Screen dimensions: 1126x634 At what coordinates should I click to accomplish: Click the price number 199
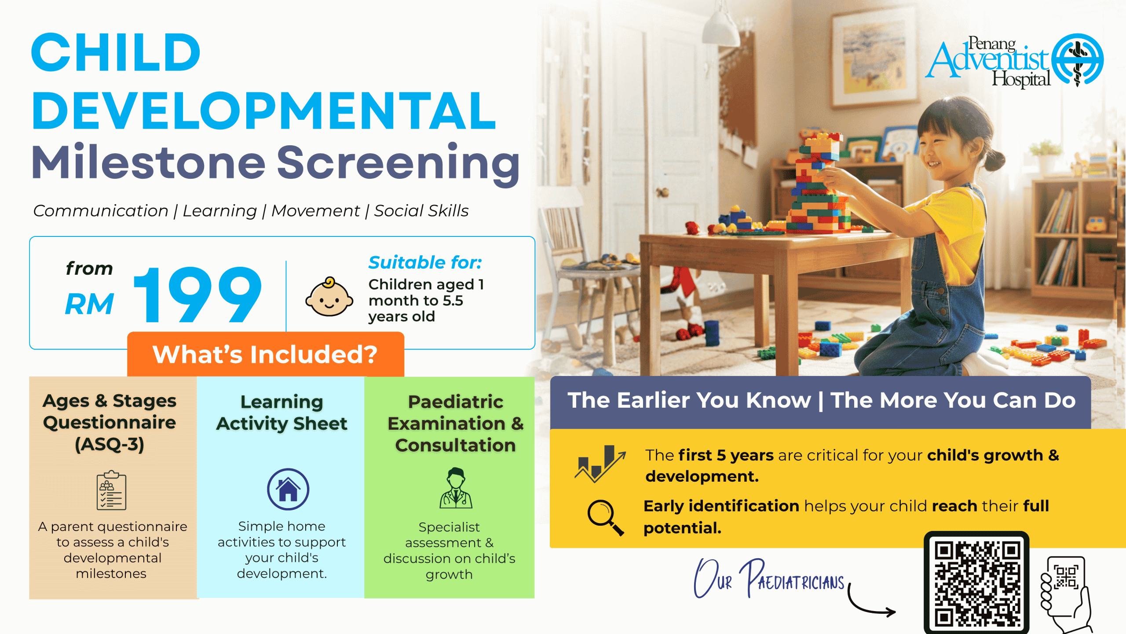tap(197, 295)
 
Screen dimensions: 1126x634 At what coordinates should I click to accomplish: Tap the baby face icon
tap(329, 297)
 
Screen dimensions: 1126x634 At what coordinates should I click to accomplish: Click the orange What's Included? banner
tap(265, 354)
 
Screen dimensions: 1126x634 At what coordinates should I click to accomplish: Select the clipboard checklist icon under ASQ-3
tap(111, 490)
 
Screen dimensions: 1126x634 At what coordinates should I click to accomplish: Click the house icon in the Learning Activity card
tap(288, 489)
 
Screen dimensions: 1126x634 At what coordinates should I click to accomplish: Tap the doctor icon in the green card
tap(456, 488)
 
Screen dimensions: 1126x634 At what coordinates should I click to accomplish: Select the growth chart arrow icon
tap(600, 464)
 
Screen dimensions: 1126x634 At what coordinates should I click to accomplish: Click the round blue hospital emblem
tap(1077, 59)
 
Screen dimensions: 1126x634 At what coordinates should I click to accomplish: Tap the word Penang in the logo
tap(992, 44)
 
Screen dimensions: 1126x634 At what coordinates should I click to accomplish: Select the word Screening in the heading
tap(398, 163)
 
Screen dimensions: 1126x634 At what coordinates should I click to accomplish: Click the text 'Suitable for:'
tap(425, 262)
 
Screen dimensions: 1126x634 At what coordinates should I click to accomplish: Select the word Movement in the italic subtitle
tap(315, 211)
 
